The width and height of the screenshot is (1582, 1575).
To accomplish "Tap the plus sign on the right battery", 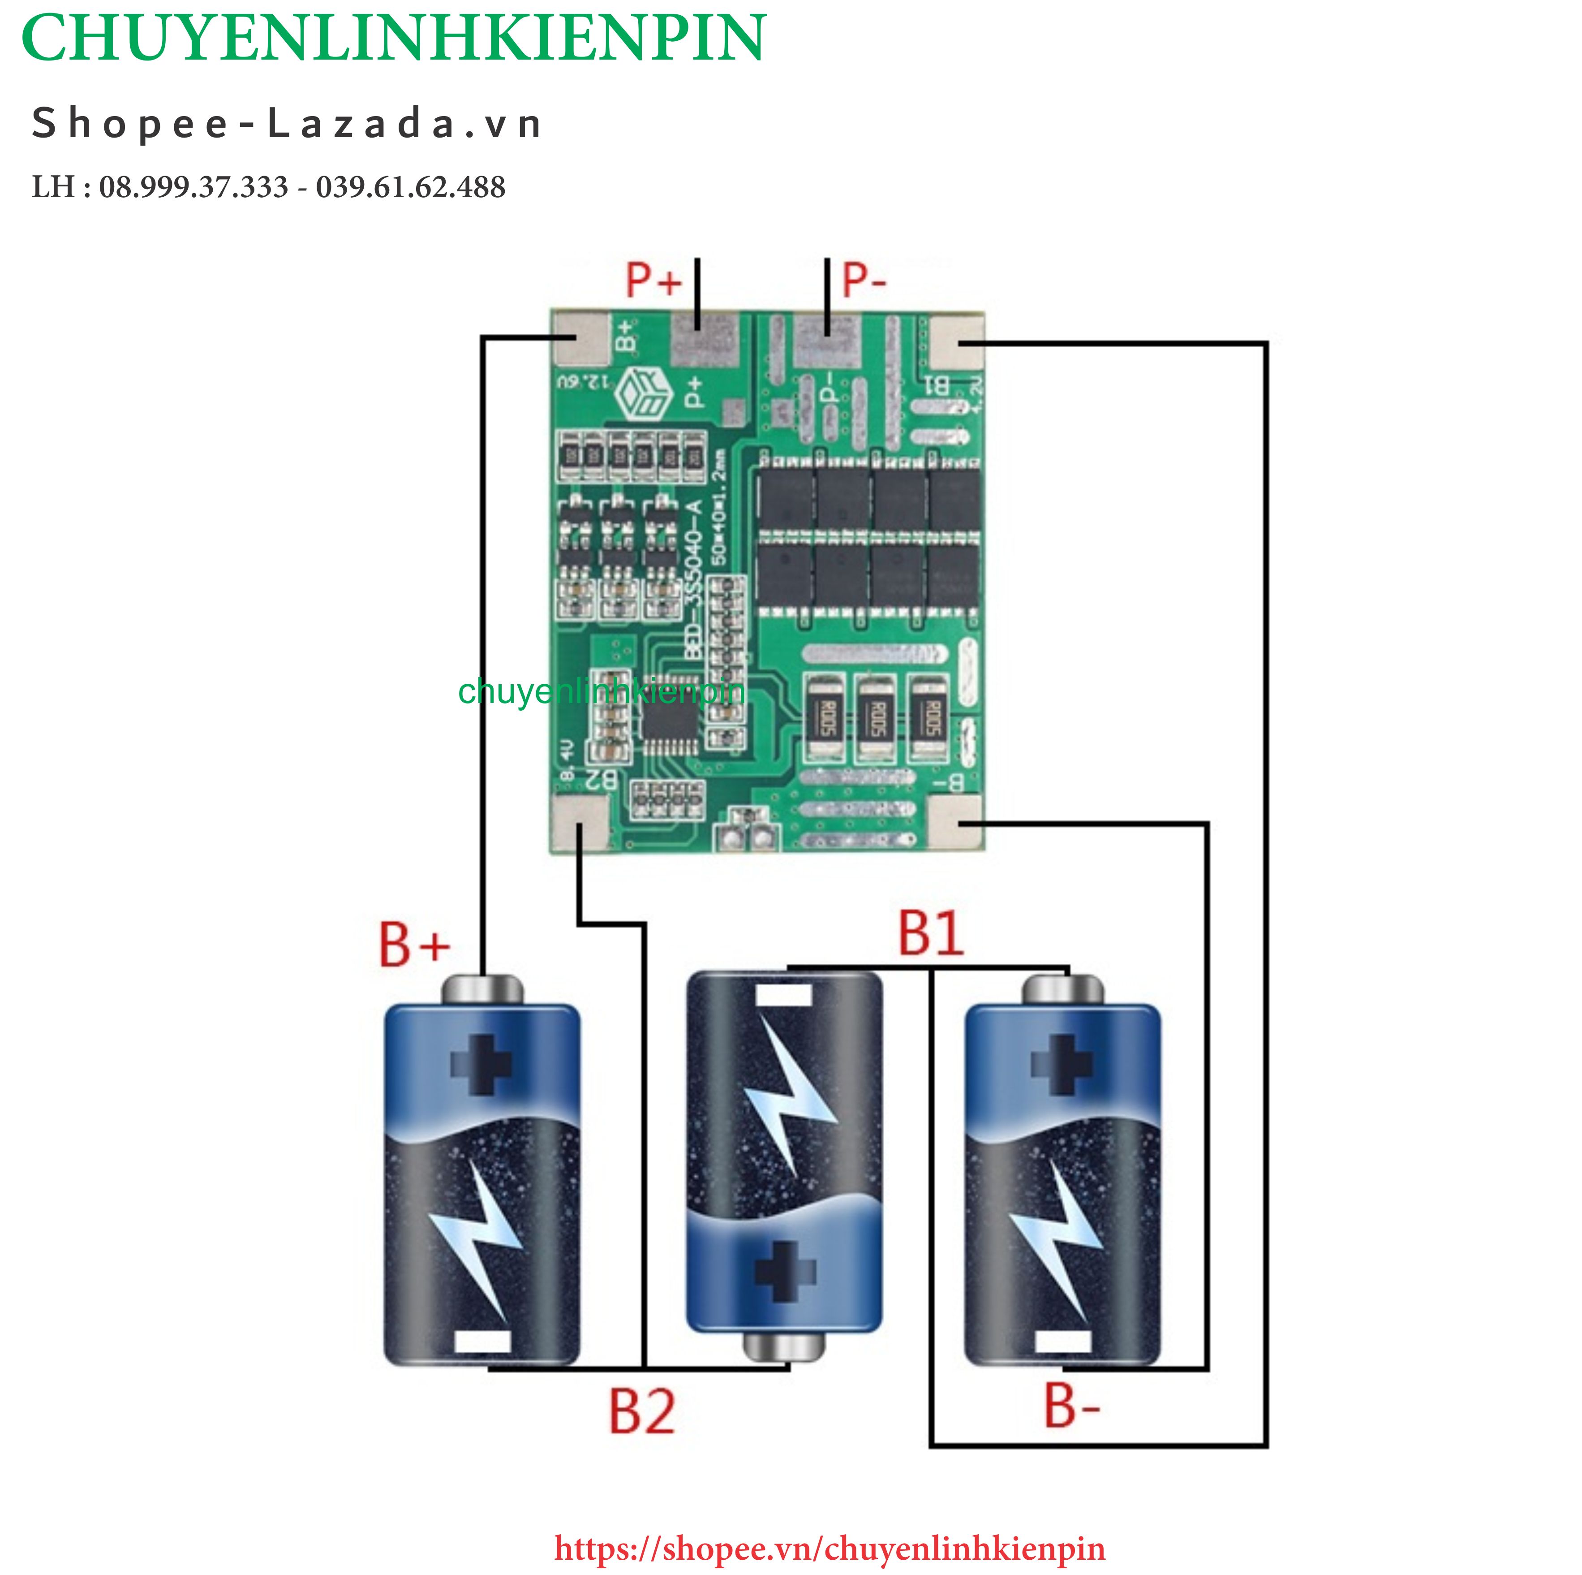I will [x=1062, y=1065].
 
